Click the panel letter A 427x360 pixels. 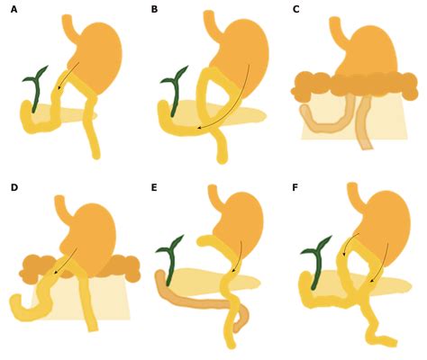tap(14, 10)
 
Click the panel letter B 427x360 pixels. tap(154, 10)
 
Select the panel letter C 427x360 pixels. tap(295, 10)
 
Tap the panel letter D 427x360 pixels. tap(14, 187)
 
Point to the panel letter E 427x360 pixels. tap(154, 187)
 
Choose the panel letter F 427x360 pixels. tap(295, 187)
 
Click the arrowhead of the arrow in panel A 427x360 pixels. tap(59, 88)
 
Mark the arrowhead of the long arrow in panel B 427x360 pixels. tap(199, 128)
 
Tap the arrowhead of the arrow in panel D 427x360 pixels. tap(56, 273)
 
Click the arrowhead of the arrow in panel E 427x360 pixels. tap(232, 272)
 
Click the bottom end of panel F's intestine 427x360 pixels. tap(394, 342)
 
